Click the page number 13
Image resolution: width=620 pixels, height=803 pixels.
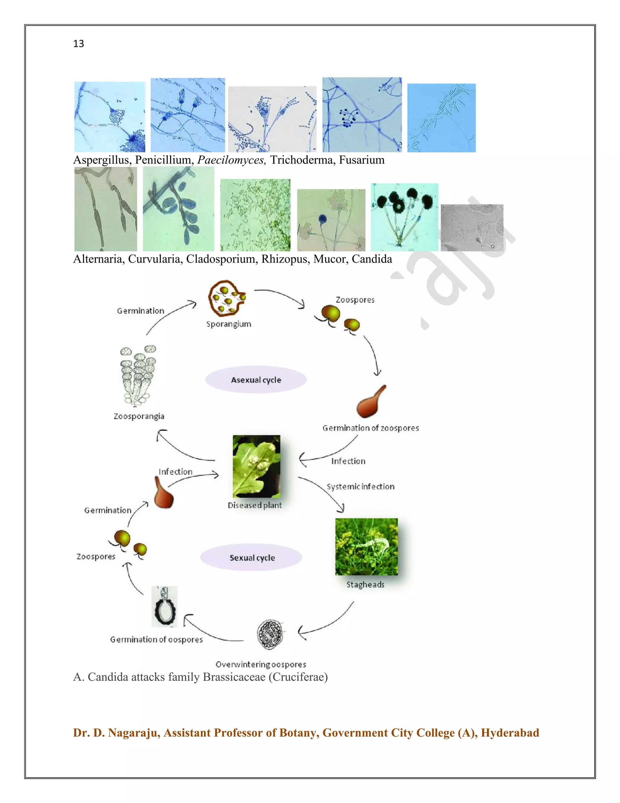point(79,44)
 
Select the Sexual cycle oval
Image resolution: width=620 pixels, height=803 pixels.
point(252,557)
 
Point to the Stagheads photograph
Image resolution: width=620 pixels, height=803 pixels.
point(366,546)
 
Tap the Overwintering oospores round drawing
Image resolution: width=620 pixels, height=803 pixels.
point(271,634)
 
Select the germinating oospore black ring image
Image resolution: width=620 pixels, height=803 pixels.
point(164,607)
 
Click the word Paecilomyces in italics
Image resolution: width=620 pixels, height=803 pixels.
point(231,160)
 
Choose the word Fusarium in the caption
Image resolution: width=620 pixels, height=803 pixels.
point(361,160)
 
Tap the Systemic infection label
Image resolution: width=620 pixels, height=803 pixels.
point(360,486)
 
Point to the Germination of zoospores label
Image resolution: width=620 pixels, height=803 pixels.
point(370,428)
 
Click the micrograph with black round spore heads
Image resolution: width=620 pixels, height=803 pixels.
point(404,217)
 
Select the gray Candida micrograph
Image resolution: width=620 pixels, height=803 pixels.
point(472,228)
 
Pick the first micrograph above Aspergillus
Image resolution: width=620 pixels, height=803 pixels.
point(110,117)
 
